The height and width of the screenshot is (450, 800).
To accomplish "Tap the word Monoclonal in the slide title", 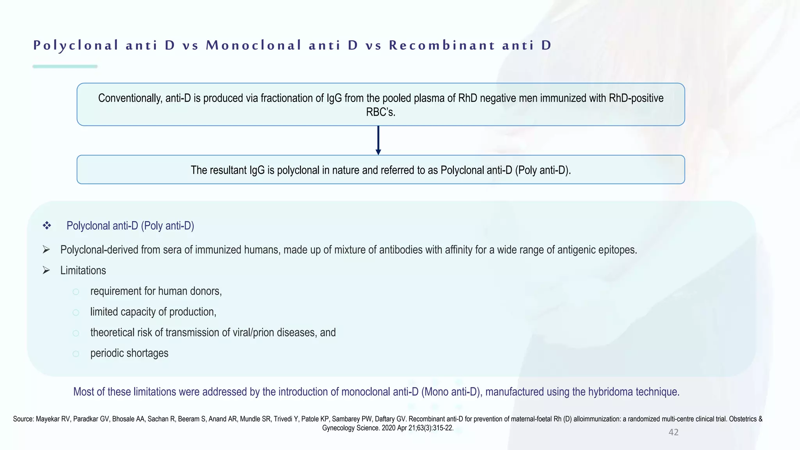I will (x=254, y=45).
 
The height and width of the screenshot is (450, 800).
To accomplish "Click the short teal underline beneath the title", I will (x=65, y=66).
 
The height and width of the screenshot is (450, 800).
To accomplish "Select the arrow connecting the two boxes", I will (x=378, y=140).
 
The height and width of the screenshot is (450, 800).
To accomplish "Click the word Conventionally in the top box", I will (x=130, y=98).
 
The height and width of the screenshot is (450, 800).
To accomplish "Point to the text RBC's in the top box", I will (x=380, y=112).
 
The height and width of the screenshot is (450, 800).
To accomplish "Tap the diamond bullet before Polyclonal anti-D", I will (x=47, y=226).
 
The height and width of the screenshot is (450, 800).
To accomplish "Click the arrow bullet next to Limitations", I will (x=46, y=270).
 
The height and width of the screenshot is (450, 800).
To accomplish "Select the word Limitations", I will (x=83, y=270).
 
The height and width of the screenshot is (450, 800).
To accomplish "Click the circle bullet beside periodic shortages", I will (x=76, y=354).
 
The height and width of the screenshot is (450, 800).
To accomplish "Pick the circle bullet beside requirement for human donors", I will (x=76, y=292).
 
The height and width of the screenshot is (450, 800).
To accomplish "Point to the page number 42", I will (x=673, y=432).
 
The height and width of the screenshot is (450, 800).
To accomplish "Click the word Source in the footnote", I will (x=23, y=419).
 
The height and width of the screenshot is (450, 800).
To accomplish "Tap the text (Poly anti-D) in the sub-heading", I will (x=168, y=226).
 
